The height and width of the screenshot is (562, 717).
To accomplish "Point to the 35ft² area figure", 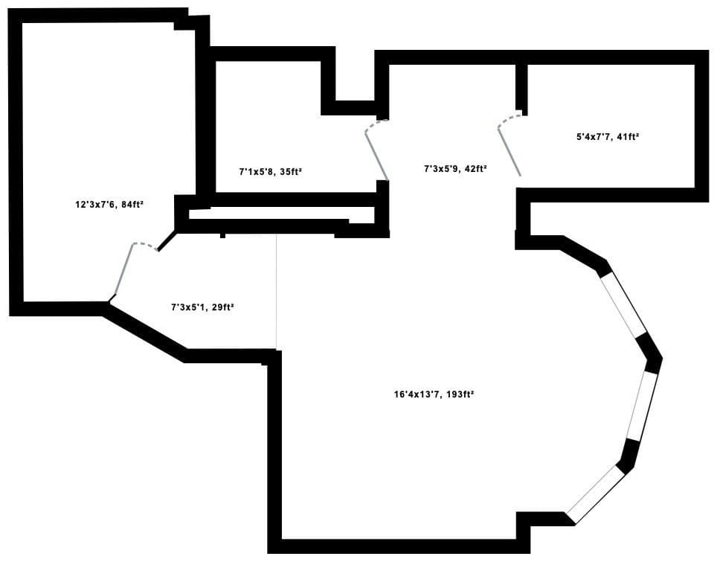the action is pos(290,172).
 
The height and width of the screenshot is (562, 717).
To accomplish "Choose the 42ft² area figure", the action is pos(475,168).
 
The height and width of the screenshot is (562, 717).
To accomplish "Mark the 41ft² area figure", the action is pos(628,136).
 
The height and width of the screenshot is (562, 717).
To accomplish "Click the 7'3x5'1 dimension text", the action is pos(188,307).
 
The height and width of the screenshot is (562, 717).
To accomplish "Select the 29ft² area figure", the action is pos(223,307).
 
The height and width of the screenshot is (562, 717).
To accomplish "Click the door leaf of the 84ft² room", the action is pos(123,269).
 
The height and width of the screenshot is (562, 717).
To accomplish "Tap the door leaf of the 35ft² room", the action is pos(376,156).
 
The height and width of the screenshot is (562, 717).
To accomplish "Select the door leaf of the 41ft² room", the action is pos(509,152).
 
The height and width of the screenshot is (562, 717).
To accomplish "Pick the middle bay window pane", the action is pos(642,406).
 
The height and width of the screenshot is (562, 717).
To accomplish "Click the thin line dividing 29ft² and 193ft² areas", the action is pos(276,292).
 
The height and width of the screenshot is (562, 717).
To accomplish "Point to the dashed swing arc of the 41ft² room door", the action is pos(509,118).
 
